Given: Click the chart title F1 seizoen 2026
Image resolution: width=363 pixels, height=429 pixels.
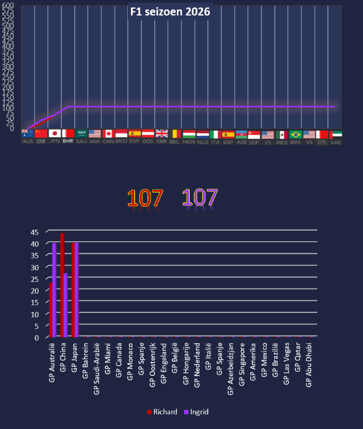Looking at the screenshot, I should [170, 12].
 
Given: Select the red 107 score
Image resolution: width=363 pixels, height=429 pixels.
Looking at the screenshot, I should [145, 198].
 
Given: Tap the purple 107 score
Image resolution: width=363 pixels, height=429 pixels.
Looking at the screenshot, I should [200, 198].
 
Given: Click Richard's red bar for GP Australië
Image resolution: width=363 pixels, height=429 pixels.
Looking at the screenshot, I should [51, 310].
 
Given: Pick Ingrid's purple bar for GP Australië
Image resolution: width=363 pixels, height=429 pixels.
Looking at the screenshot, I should [54, 290].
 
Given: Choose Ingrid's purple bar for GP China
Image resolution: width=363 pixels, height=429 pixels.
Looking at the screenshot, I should [65, 305].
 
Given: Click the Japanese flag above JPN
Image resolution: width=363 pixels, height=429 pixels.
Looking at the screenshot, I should [55, 133].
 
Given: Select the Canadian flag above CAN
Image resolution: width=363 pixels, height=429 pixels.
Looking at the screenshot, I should [108, 134].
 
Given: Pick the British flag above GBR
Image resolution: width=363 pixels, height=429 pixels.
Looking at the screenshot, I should [162, 133].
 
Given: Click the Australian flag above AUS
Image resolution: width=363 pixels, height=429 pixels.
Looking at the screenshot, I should [28, 133].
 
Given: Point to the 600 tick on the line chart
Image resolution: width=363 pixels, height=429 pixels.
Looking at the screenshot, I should [10, 5].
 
